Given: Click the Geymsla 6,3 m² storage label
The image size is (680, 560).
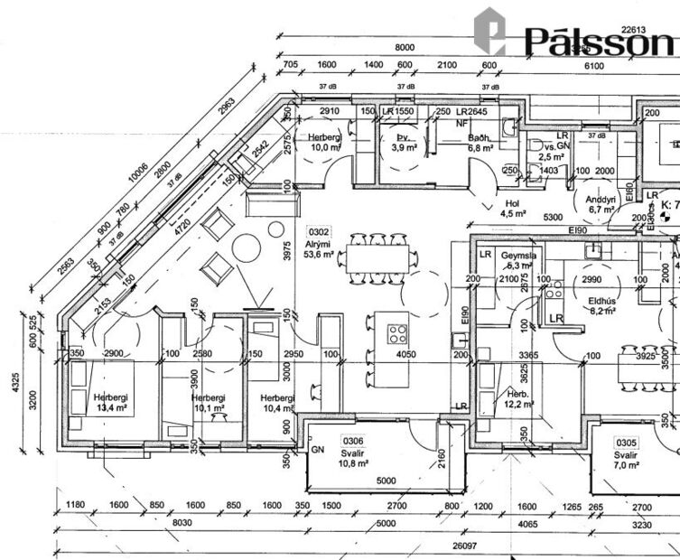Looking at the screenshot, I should [521, 261].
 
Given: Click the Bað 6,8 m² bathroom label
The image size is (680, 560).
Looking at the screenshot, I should [480, 143].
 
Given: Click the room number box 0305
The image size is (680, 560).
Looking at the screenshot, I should [626, 443].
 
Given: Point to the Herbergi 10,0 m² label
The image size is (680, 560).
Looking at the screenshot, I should [324, 141].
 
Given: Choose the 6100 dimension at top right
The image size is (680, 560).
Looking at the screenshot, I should [593, 66].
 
